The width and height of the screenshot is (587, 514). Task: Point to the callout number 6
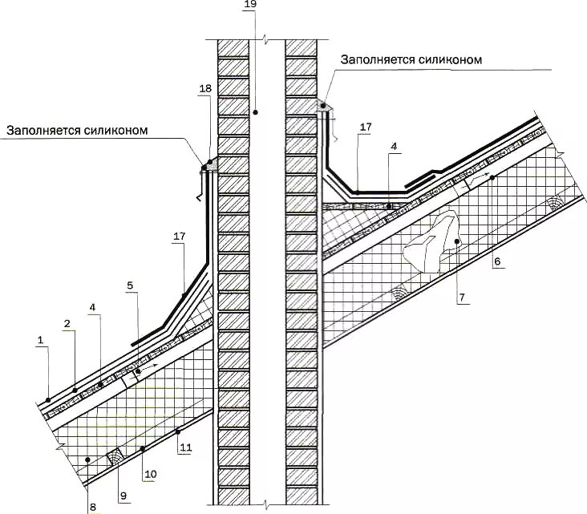[497, 261]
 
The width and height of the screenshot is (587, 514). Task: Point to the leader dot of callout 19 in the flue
[255, 113]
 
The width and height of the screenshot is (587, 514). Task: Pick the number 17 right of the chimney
[365, 127]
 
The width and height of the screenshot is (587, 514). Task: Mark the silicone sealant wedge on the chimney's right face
[322, 104]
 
